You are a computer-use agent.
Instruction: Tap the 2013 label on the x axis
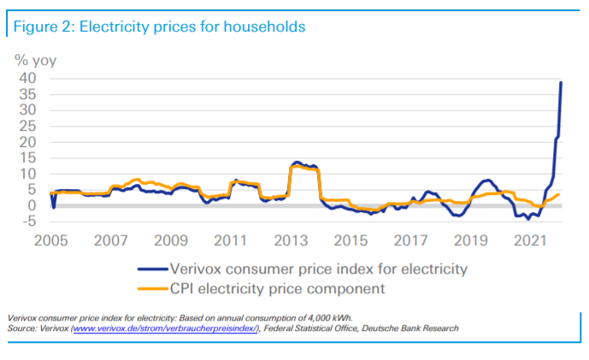(291, 240)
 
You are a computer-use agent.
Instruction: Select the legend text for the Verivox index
(320, 269)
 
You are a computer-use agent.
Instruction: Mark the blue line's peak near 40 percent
(561, 82)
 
